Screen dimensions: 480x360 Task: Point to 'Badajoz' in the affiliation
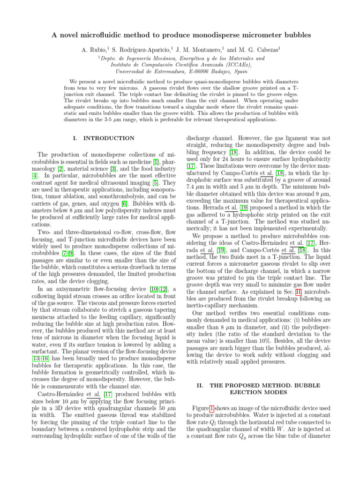click(227, 73)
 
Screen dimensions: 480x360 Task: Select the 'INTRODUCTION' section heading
click(108, 138)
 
